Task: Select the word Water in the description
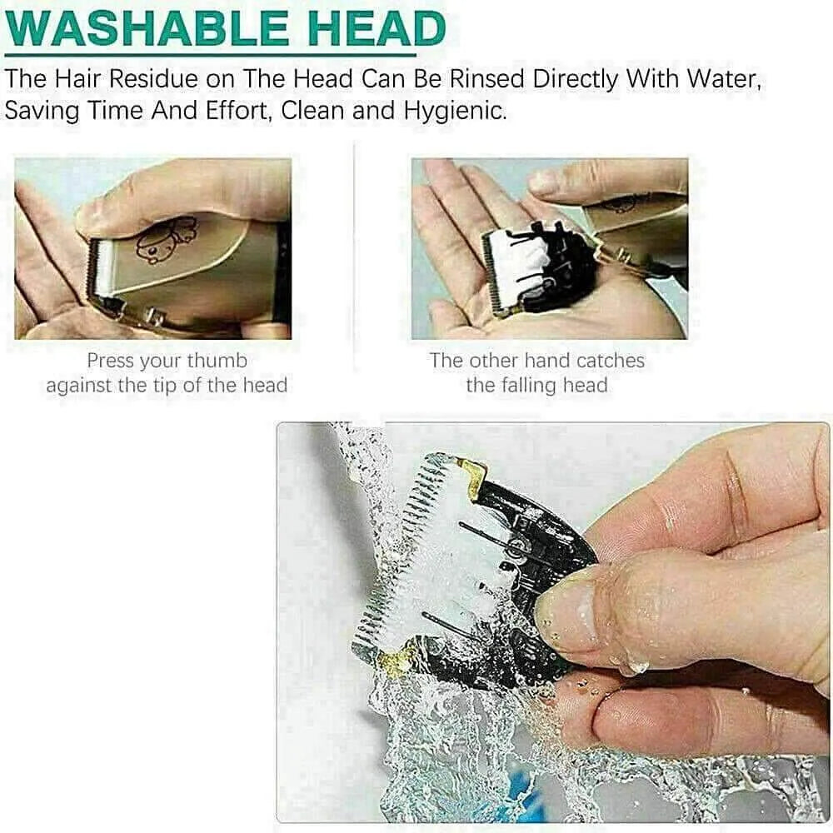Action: [x=724, y=79]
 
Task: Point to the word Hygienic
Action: [x=455, y=111]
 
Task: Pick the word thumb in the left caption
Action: [x=217, y=360]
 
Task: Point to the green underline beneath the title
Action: [x=210, y=55]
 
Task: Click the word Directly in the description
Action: [x=576, y=79]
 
